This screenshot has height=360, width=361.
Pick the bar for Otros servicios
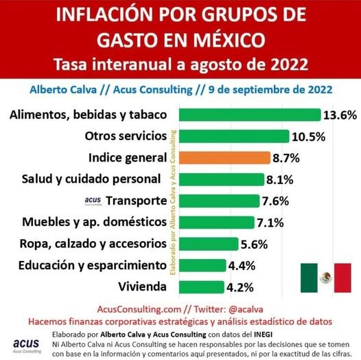233,136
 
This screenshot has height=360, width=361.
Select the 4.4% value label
243,265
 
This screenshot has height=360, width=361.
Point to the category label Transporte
137,201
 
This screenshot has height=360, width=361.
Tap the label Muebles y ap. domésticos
84,222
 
